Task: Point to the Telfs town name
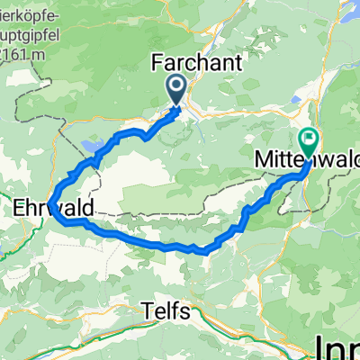tap(166, 311)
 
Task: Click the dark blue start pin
tap(175, 89)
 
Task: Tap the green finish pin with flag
tap(310, 139)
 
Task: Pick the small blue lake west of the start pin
tap(93, 145)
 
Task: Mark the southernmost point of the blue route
tap(207, 253)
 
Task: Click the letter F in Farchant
tap(156, 66)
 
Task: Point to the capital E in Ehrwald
tap(20, 208)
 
